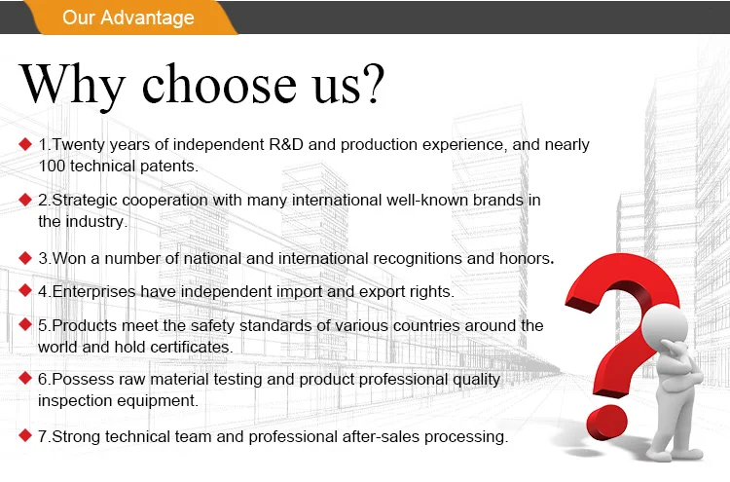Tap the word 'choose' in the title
pyautogui.click(x=219, y=85)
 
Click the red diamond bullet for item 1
pyautogui.click(x=25, y=144)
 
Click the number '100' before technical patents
pyautogui.click(x=52, y=166)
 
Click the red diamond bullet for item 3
pyautogui.click(x=25, y=258)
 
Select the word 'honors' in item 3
pyautogui.click(x=525, y=258)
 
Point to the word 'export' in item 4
pyautogui.click(x=382, y=292)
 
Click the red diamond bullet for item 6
pyautogui.click(x=25, y=378)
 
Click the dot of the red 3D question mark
pyautogui.click(x=606, y=423)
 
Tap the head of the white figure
pyautogui.click(x=665, y=324)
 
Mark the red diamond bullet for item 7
pyautogui.click(x=25, y=436)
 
